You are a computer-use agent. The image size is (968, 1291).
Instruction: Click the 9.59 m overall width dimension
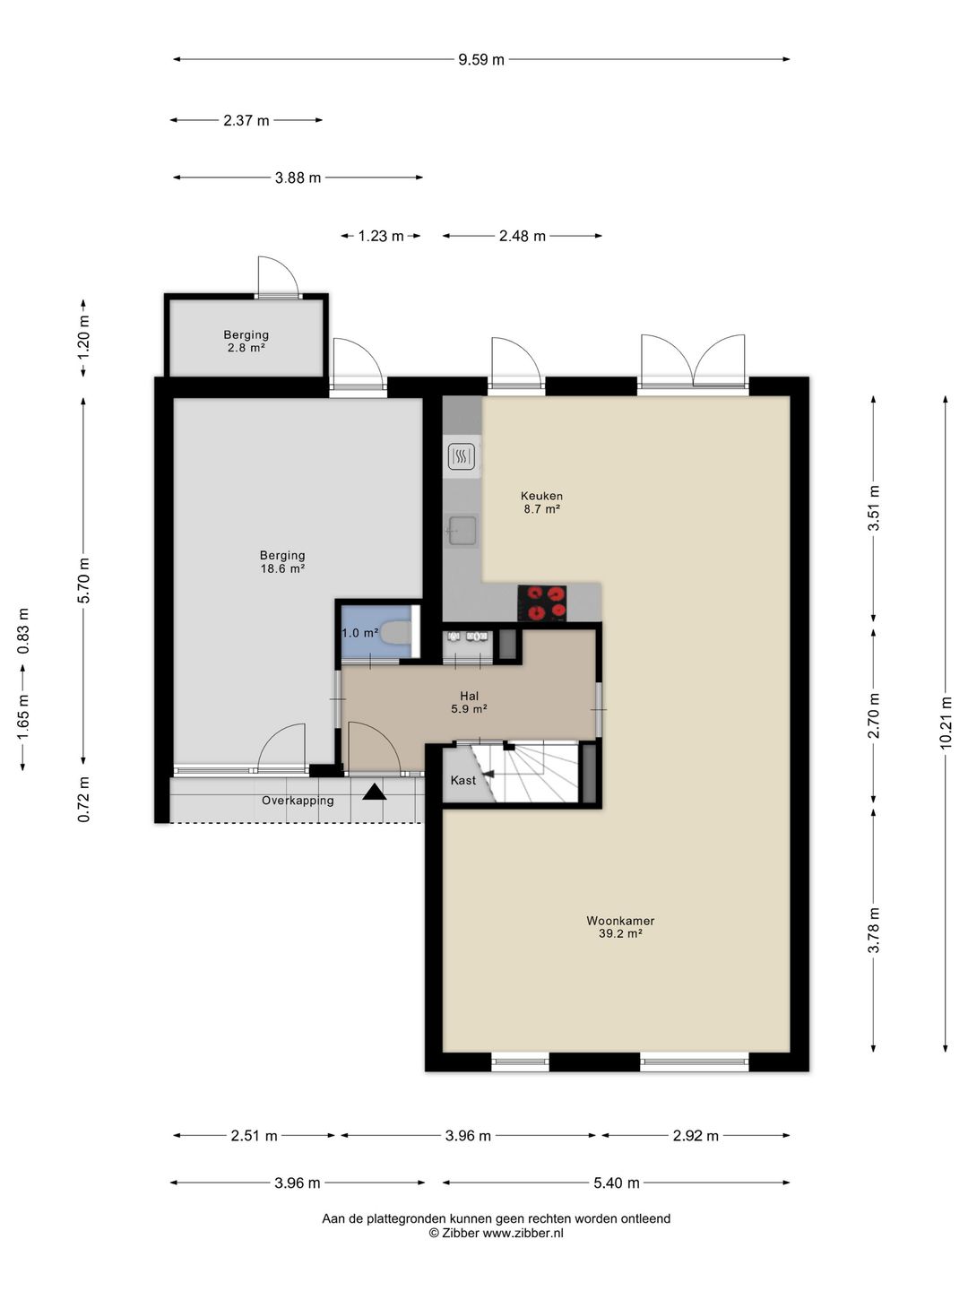(x=480, y=59)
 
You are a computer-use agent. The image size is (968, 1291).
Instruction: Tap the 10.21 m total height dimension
(x=945, y=723)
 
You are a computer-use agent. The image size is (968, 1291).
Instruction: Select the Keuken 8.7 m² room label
(x=541, y=502)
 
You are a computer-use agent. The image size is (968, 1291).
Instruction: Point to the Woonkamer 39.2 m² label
(x=620, y=927)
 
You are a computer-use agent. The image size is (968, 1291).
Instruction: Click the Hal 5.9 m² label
(x=469, y=702)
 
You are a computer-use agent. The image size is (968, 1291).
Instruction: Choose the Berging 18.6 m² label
(x=282, y=562)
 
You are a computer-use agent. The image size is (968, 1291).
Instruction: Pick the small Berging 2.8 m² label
(x=246, y=342)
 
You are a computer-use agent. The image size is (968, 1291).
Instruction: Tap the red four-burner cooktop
(x=542, y=602)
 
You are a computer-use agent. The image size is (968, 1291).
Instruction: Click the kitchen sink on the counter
(x=463, y=531)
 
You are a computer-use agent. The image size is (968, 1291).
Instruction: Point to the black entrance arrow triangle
(x=375, y=792)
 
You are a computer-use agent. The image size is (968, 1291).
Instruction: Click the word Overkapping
(x=298, y=801)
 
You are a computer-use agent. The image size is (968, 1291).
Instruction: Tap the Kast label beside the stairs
(x=463, y=781)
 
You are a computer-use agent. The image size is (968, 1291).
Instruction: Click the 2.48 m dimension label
(x=523, y=236)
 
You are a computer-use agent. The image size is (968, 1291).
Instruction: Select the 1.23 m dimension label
(x=381, y=236)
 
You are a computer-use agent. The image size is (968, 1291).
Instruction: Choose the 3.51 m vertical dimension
(x=874, y=508)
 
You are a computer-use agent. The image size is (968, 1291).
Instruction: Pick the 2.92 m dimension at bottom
(x=696, y=1136)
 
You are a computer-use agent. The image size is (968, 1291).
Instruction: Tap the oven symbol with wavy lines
(x=462, y=456)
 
